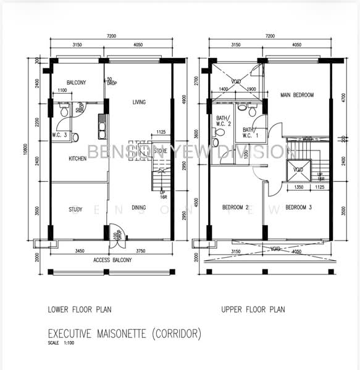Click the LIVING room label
coord(139,102)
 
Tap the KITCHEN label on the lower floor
coord(77,158)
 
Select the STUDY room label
coord(75,210)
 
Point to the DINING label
coord(139,208)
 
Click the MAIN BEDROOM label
coord(297,95)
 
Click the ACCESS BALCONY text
coord(112,260)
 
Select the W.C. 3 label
coord(59,134)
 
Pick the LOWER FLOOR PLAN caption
coord(80,310)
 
